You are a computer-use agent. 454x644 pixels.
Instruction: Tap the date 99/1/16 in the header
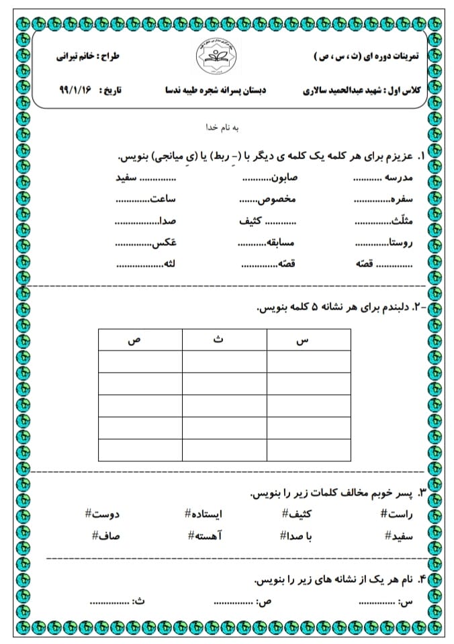point(75,89)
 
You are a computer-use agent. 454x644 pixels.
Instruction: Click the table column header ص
point(139,340)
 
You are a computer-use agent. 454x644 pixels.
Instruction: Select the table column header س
point(308,340)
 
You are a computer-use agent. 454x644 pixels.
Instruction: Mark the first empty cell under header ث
point(224,362)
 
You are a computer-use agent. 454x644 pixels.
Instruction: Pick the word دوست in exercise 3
point(105,514)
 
